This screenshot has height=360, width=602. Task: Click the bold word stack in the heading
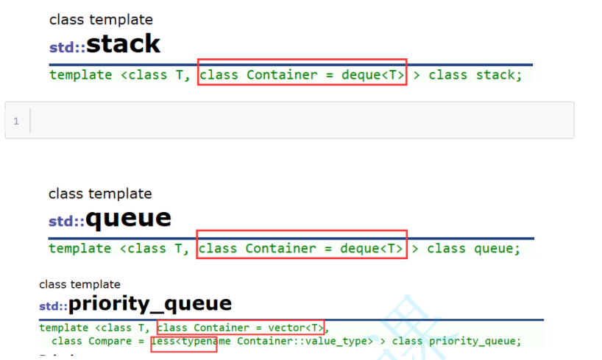tap(123, 44)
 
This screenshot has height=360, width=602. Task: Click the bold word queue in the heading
tap(128, 218)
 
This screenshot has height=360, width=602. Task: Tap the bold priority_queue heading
tap(150, 303)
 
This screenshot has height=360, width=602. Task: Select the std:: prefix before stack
tap(67, 48)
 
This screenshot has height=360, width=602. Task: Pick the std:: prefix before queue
tap(66, 222)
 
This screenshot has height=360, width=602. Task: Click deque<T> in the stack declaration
tap(372, 74)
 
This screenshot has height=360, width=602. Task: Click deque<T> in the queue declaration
tap(372, 248)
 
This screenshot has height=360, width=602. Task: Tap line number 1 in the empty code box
tap(16, 121)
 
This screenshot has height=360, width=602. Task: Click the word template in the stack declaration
tap(80, 74)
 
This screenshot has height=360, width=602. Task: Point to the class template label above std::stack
tap(101, 20)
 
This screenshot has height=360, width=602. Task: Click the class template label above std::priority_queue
tap(79, 284)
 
